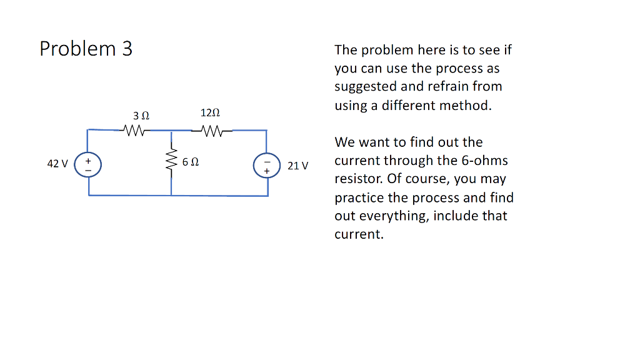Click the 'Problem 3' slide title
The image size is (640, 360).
[x=86, y=49]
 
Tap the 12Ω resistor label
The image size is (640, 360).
[x=210, y=113]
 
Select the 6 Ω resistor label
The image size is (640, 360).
[x=191, y=162]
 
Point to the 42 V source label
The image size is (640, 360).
[x=57, y=164]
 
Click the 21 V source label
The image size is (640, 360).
[x=298, y=166]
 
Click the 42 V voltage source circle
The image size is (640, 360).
[x=88, y=164]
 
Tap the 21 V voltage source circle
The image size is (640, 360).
[x=267, y=165]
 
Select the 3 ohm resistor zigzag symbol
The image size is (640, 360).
[x=135, y=131]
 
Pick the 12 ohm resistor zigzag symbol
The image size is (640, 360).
[x=212, y=131]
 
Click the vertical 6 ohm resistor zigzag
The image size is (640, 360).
[x=171, y=162]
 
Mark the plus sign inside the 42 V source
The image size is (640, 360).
[x=88, y=159]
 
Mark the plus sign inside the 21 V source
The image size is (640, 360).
[x=267, y=169]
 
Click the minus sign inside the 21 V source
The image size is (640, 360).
[x=267, y=160]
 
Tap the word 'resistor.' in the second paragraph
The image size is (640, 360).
[x=358, y=179]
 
